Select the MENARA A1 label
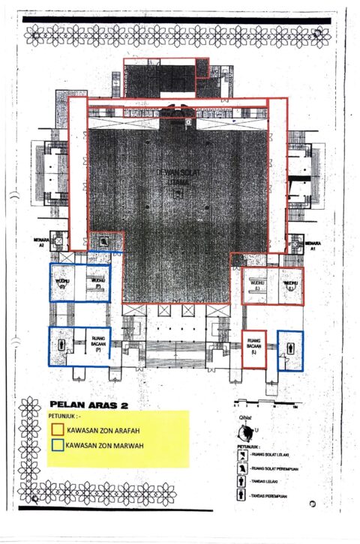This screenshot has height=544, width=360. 313,245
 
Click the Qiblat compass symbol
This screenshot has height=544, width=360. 244,432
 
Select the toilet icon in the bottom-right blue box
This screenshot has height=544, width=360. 291,348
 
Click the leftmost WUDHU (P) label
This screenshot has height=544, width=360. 61,283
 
